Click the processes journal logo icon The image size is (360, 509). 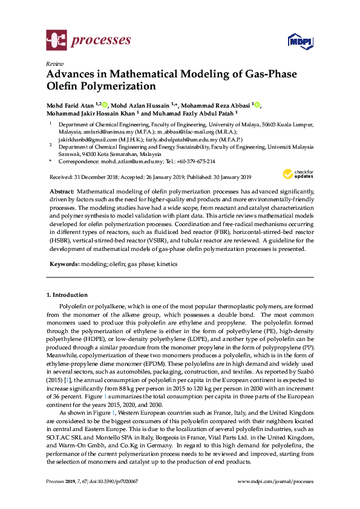(x=56, y=41)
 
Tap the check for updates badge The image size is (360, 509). (x=295, y=175)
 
